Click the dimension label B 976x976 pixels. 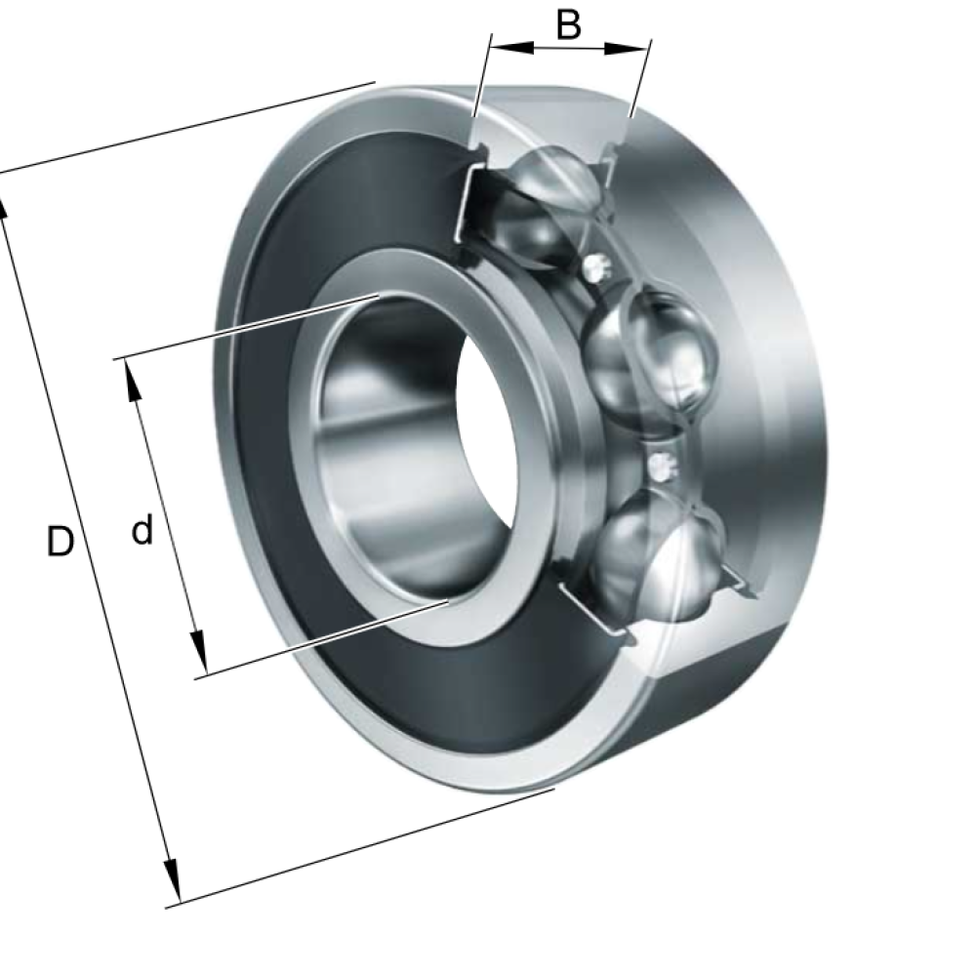pyautogui.click(x=568, y=25)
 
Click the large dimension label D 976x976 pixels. pyautogui.click(x=61, y=541)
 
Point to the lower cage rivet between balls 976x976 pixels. pyautogui.click(x=661, y=465)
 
